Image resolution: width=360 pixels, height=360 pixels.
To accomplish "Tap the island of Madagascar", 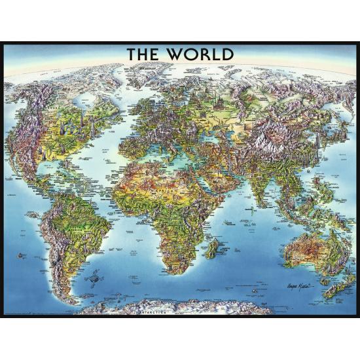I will point(211,247).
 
